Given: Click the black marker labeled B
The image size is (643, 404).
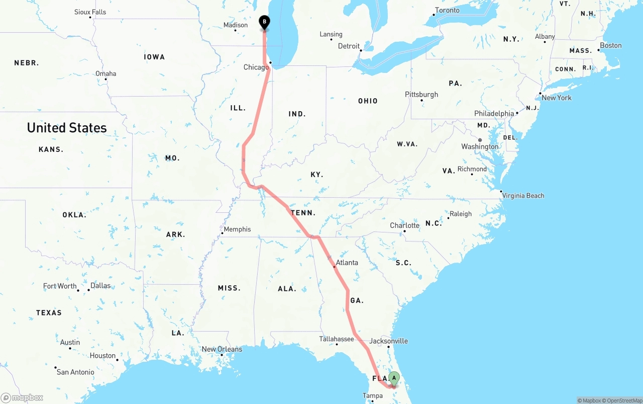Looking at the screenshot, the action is pos(264,22).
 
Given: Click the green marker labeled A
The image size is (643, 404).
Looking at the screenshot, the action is pos(394,378).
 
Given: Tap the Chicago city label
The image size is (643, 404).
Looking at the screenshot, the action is pos(256,67).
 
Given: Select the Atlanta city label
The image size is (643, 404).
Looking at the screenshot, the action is pos(347,263).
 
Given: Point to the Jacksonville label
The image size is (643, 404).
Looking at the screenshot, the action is pos(388,341).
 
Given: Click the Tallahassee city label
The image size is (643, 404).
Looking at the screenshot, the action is pos(337,339).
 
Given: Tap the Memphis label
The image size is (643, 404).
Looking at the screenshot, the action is pos(237,229).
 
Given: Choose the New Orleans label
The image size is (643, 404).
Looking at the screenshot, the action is pos(222,349).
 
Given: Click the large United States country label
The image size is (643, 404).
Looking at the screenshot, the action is pos(67,128).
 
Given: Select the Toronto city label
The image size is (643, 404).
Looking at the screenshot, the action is pos(447,11).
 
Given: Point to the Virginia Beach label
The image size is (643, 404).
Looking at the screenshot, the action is pos(523,196).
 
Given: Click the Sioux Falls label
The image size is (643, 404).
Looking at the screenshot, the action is pos(90,12).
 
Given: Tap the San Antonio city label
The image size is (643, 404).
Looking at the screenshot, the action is pos(75,372).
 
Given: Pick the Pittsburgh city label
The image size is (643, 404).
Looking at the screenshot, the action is pos(421,95).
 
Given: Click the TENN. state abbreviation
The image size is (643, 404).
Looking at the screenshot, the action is pos(303,213).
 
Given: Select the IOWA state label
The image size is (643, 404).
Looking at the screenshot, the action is pos(154,57).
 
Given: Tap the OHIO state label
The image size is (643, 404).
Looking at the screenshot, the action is pos(368,101).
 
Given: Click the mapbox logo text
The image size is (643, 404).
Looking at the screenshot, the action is pos(27,398).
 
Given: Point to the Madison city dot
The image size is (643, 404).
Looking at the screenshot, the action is pos(236,31).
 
